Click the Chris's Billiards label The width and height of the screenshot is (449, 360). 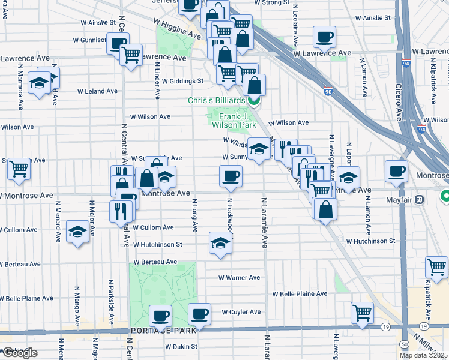[217, 101]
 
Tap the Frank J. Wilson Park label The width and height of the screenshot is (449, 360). [233, 120]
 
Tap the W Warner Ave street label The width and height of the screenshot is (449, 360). [239, 278]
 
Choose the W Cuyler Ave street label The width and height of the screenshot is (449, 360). [241, 312]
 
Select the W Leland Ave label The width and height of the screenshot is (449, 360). [97, 92]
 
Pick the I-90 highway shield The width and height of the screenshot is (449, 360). [343, 91]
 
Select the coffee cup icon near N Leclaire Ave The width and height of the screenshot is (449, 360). [324, 37]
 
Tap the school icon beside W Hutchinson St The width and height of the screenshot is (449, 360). [220, 243]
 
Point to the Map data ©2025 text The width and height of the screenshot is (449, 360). [424, 355]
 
